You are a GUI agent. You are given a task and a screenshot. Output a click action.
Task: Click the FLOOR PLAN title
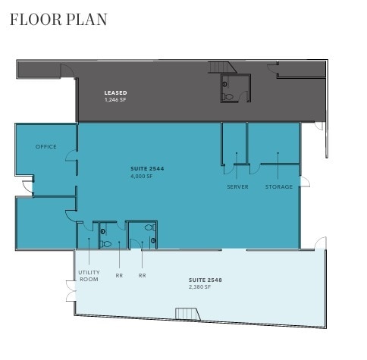(x=58, y=19)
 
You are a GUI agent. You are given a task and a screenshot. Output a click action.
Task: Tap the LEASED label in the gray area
(x=115, y=93)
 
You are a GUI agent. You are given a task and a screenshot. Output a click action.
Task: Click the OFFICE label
(x=46, y=146)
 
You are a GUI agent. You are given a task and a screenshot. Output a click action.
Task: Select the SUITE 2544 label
(x=147, y=167)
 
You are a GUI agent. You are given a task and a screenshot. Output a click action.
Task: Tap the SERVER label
(x=237, y=186)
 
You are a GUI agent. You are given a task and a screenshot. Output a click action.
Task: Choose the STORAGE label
(x=278, y=186)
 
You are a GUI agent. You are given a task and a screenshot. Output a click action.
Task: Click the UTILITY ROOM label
(x=88, y=276)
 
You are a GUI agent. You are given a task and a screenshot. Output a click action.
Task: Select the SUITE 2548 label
(x=205, y=280)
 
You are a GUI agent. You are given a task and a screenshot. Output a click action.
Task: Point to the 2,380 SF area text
(x=200, y=287)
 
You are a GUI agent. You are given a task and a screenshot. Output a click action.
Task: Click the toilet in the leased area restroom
(x=227, y=95)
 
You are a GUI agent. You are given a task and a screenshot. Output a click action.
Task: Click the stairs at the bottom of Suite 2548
(x=187, y=313)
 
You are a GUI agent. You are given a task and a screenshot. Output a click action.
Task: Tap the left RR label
(x=119, y=276)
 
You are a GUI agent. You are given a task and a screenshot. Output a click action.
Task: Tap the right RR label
(x=142, y=276)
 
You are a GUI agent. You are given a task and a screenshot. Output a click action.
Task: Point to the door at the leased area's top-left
(x=68, y=70)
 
